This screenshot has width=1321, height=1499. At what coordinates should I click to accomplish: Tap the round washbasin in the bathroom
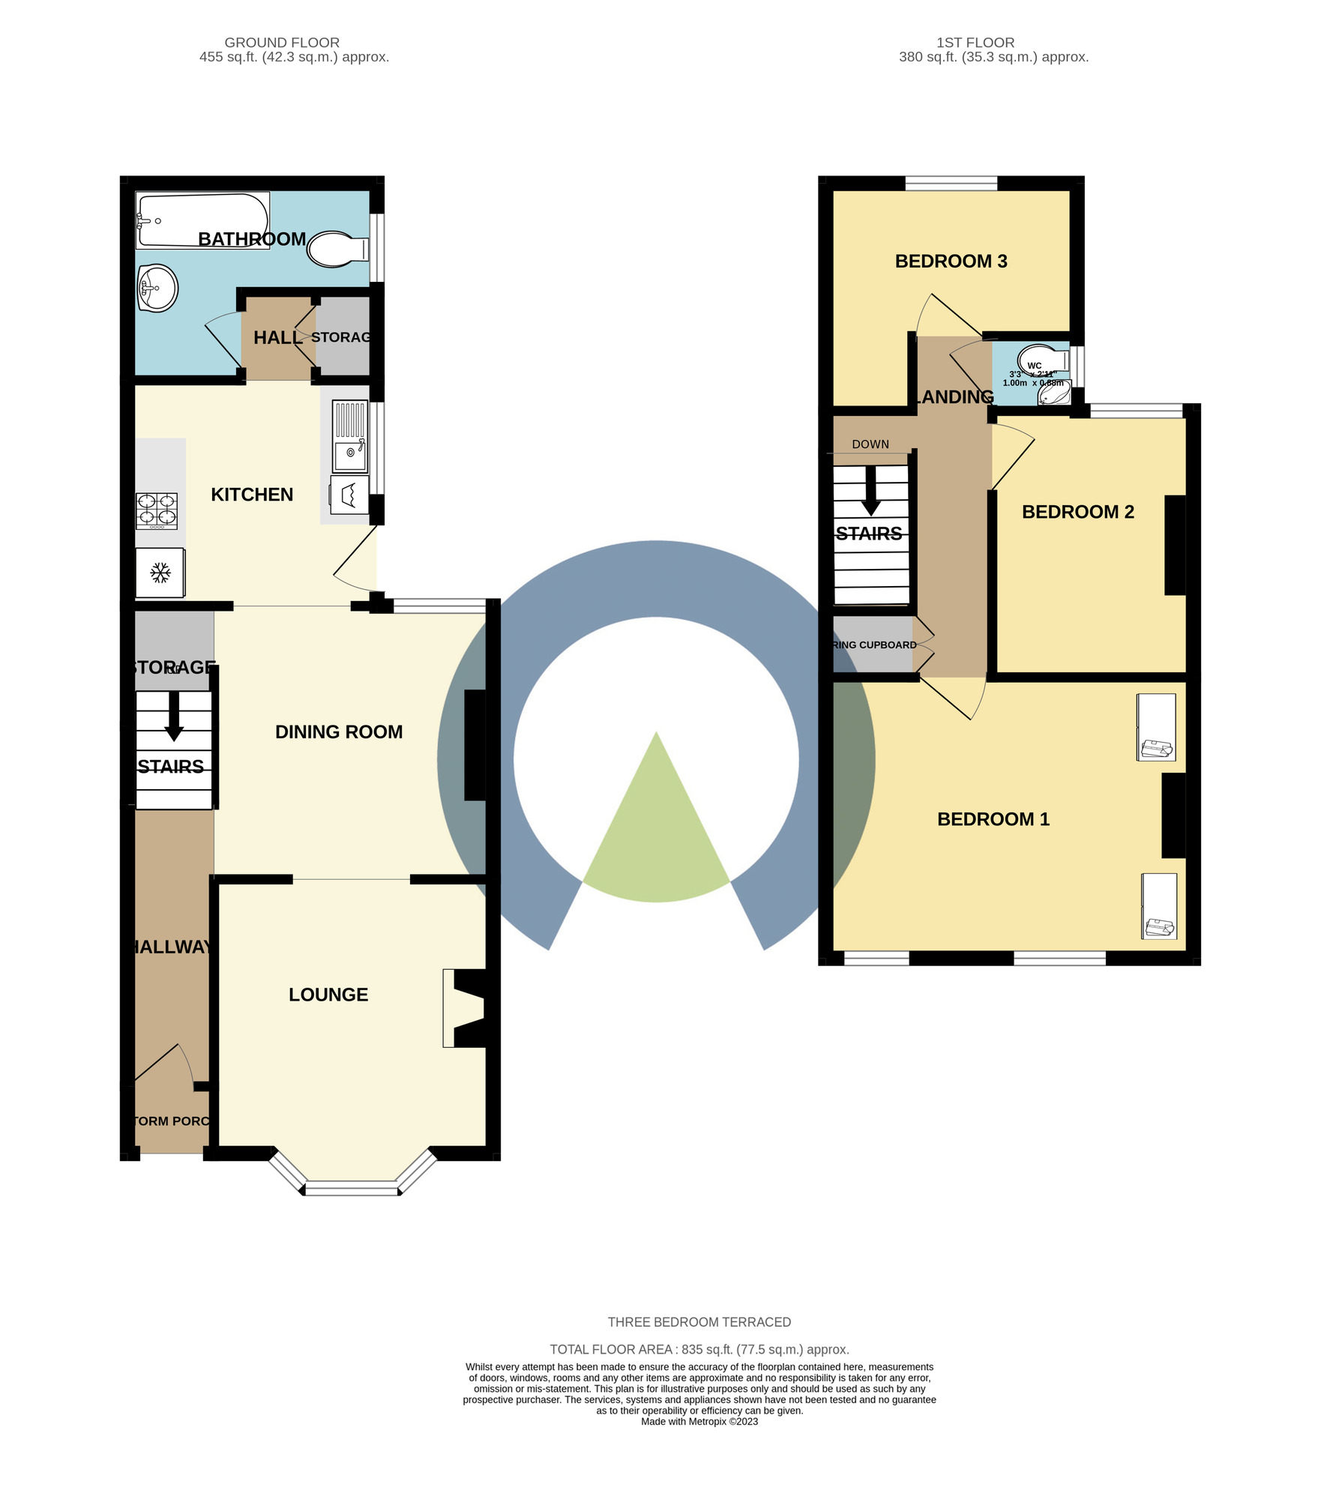(157, 289)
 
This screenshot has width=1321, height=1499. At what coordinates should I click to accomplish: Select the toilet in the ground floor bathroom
(336, 250)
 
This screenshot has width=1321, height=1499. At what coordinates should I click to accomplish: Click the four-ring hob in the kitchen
(157, 510)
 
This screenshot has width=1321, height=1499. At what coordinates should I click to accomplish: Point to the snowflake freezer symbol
(160, 573)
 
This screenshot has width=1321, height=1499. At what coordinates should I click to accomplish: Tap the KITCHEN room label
(252, 495)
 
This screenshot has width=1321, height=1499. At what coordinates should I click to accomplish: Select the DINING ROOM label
(339, 732)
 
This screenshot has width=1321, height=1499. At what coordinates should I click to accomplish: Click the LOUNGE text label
(328, 995)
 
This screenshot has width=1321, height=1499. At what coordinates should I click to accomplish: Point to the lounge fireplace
(466, 1008)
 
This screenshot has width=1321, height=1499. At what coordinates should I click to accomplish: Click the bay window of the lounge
(352, 1186)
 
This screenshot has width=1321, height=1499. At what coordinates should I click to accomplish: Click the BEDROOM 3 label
(951, 262)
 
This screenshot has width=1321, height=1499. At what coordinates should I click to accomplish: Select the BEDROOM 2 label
(1077, 512)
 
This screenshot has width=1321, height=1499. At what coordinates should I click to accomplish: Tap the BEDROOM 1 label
(993, 819)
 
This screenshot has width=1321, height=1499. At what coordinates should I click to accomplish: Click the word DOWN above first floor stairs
(870, 444)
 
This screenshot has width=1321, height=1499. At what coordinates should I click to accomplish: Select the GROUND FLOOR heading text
(282, 43)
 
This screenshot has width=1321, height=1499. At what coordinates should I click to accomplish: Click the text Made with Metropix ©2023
(699, 1421)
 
